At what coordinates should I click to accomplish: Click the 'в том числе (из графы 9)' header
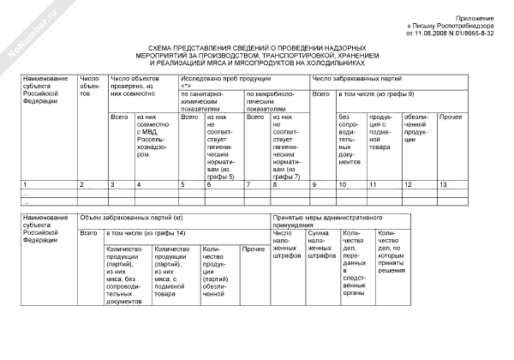[377, 93]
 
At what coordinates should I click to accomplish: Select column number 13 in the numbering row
[443, 184]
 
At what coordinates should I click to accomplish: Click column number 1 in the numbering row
[25, 184]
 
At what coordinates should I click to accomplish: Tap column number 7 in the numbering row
[250, 184]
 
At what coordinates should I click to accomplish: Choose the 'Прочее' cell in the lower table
[252, 249]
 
